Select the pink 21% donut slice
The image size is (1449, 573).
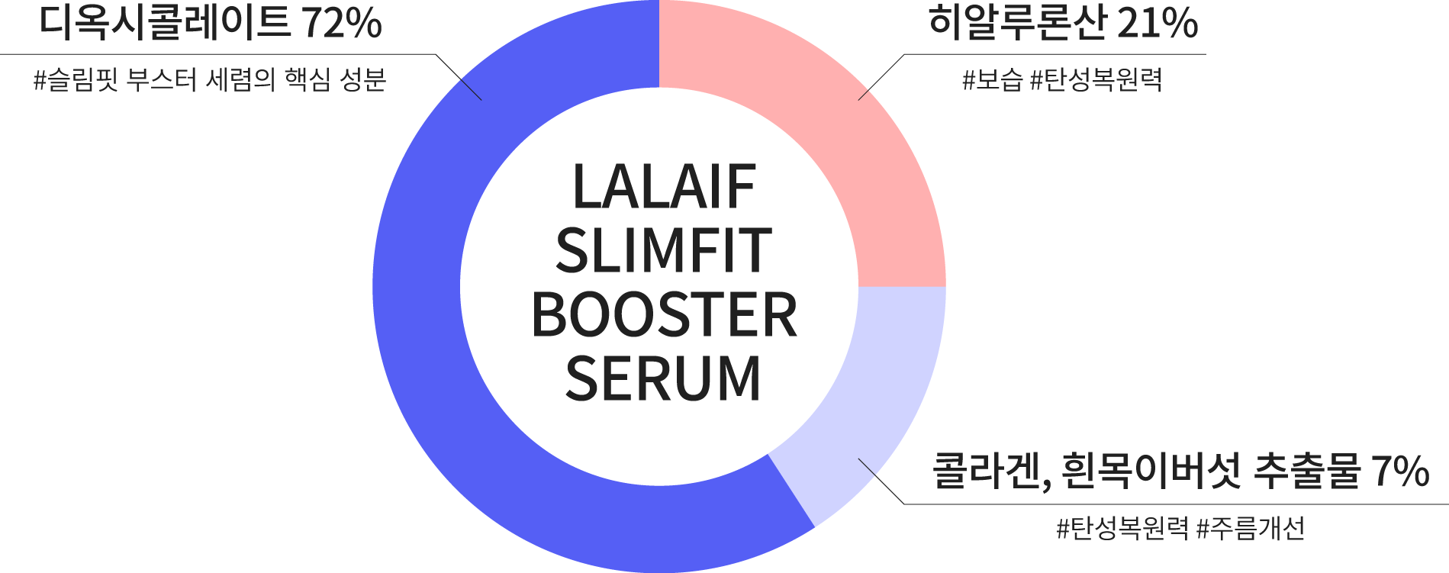tap(839, 153)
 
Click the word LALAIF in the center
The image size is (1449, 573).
tap(664, 187)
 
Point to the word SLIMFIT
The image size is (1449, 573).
tap(664, 251)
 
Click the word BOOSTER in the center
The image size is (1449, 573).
tap(664, 315)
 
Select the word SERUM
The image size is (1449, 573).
tap(664, 378)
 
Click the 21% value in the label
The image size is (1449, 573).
tap(1158, 24)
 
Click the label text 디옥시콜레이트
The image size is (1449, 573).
tap(164, 24)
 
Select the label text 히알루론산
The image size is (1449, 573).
tap(1016, 24)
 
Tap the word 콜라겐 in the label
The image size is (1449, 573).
tap(984, 472)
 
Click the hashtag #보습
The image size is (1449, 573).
tap(992, 80)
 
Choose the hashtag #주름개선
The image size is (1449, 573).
tap(1251, 528)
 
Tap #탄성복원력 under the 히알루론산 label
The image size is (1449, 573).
tap(1096, 80)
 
